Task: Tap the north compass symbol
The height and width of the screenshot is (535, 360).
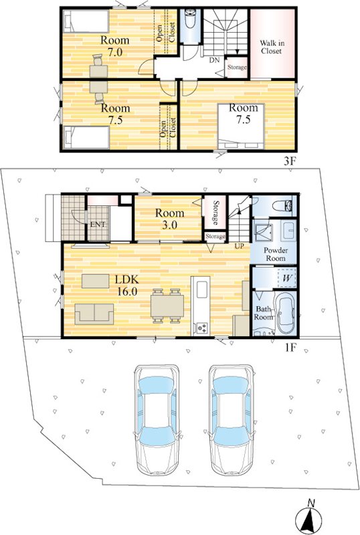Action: click(309, 517)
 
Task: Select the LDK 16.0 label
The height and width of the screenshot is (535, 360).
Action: click(126, 286)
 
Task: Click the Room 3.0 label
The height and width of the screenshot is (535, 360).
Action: click(170, 219)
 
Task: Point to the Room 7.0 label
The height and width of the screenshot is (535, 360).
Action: click(115, 45)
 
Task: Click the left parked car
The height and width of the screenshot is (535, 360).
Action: click(157, 420)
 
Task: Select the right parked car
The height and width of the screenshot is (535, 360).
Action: click(232, 420)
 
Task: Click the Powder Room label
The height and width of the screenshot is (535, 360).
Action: click(276, 254)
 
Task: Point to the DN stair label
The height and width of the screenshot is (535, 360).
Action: click(214, 61)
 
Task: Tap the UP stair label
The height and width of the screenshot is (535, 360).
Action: click(239, 245)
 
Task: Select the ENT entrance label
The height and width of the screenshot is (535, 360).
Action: click(98, 225)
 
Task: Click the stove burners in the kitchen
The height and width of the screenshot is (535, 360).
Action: click(201, 328)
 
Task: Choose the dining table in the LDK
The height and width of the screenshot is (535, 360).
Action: click(167, 306)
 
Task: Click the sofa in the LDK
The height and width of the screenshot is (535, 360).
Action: click(94, 314)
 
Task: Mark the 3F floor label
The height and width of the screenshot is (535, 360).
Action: click(289, 161)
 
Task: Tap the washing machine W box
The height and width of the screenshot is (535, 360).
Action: click(287, 278)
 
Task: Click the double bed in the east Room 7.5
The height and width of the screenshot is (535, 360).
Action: click(241, 126)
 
